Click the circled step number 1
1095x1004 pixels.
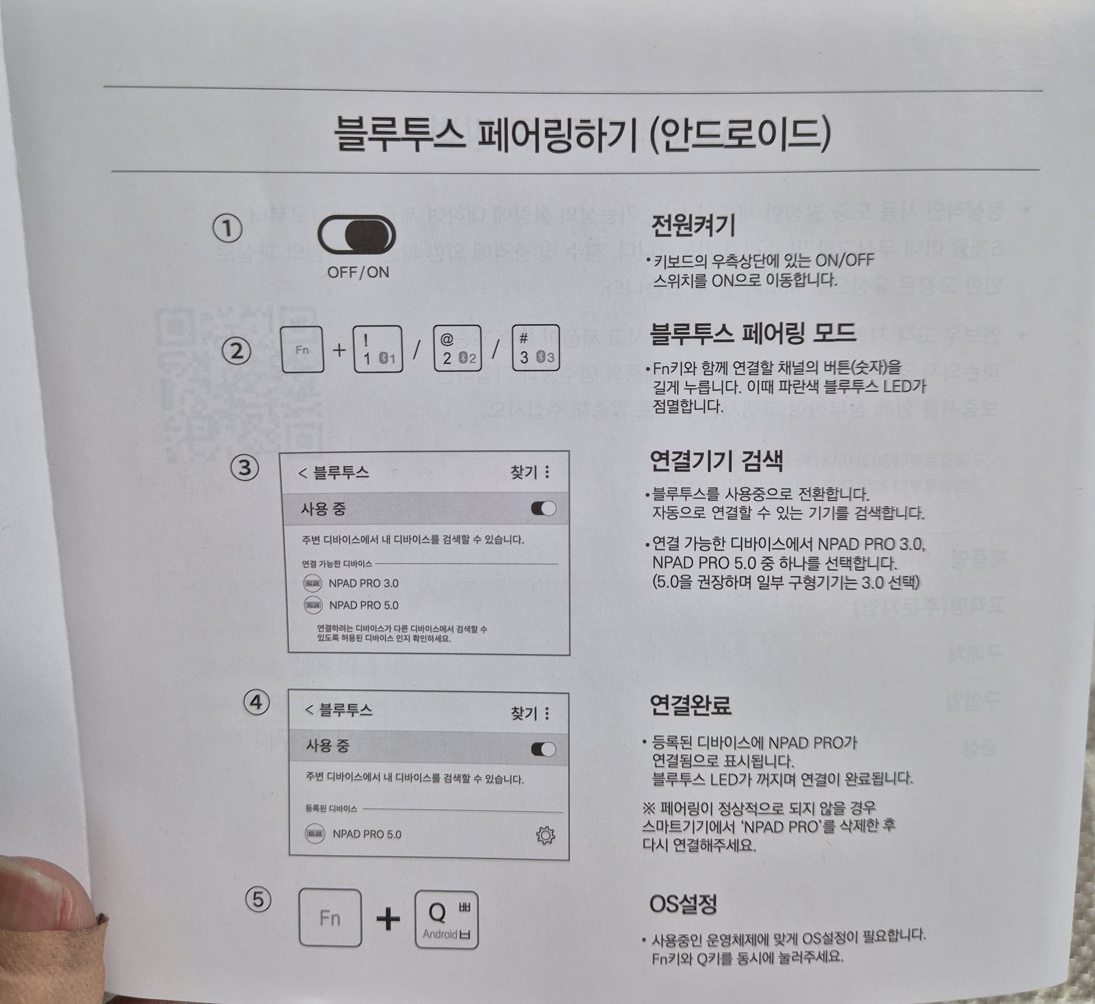tap(227, 229)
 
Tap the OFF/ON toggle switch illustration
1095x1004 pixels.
tap(357, 235)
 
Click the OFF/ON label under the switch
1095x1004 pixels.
tap(358, 272)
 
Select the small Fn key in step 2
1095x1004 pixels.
tap(303, 350)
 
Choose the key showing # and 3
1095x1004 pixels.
tap(536, 348)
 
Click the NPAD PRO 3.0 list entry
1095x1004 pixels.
tap(363, 583)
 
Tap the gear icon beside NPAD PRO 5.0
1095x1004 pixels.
tap(546, 835)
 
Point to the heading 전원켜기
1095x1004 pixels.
tap(693, 225)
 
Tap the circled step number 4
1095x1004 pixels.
tap(256, 703)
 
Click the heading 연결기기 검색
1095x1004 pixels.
tap(716, 461)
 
